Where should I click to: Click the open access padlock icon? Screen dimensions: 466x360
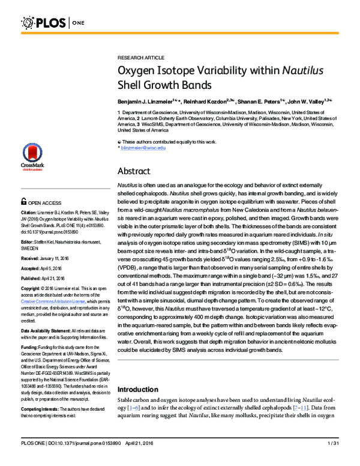(23, 203)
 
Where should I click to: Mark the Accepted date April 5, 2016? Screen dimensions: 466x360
(59, 267)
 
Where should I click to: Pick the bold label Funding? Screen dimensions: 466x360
(29, 347)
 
